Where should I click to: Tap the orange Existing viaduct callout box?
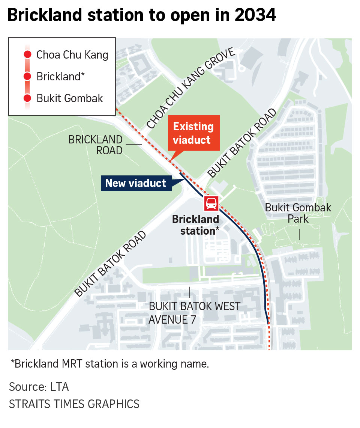(193, 133)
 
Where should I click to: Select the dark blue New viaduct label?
(135, 183)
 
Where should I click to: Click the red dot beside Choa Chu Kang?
(27, 55)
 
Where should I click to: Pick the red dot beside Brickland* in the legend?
(27, 77)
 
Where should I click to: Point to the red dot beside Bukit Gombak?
(27, 98)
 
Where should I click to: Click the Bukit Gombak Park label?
(298, 212)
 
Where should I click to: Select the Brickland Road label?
(95, 145)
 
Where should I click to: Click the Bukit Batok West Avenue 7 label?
(194, 312)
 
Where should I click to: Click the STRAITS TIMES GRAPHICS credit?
(74, 404)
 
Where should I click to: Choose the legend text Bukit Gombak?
(70, 98)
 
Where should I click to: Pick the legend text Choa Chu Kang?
(72, 55)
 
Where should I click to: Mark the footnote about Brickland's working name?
(109, 364)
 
